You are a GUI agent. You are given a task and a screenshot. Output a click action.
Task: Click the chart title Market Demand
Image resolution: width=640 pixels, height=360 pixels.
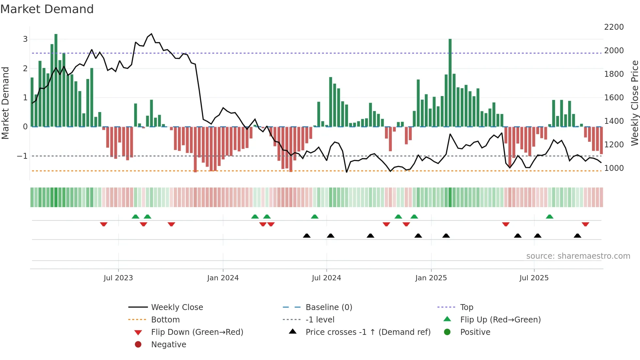47,9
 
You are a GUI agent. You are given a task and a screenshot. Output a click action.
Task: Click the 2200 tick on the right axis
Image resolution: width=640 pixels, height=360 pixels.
614,27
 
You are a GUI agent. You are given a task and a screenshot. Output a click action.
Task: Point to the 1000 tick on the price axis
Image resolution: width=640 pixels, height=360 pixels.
614,168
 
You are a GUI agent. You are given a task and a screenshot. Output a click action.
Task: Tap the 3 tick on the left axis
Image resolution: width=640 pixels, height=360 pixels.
25,39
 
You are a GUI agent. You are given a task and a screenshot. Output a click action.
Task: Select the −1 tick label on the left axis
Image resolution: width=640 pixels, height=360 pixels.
22,156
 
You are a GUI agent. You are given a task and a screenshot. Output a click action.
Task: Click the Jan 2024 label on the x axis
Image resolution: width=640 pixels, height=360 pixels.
223,278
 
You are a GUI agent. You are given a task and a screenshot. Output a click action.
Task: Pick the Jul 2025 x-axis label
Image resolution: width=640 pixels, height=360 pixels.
534,278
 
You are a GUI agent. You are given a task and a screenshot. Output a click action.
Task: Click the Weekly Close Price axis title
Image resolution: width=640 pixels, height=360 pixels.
634,103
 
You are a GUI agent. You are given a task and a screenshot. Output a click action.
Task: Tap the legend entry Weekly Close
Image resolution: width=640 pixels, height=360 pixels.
177,307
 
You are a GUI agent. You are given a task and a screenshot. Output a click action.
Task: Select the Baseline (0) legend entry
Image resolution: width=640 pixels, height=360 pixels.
328,307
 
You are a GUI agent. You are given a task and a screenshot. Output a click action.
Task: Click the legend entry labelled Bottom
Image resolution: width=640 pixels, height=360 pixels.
165,320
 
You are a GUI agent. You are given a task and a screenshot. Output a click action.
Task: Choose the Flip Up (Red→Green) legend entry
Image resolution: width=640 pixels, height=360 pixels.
500,320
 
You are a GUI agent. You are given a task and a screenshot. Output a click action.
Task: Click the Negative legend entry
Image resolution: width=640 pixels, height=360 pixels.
168,345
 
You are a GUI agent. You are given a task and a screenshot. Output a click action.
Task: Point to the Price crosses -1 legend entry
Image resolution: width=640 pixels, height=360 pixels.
368,332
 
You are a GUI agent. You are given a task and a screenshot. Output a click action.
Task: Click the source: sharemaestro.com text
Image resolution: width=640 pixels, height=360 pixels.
578,256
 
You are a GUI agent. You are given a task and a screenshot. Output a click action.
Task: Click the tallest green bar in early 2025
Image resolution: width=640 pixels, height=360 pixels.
450,82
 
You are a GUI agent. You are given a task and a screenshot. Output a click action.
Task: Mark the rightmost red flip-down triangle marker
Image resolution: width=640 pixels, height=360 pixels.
585,224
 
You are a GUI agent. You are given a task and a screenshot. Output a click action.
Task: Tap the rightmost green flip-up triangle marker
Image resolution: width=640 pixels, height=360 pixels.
550,217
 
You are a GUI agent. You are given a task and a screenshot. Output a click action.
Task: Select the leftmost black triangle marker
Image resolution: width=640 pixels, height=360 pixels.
307,236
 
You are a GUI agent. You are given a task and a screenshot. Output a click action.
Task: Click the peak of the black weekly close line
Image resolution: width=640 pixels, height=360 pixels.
151,34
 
